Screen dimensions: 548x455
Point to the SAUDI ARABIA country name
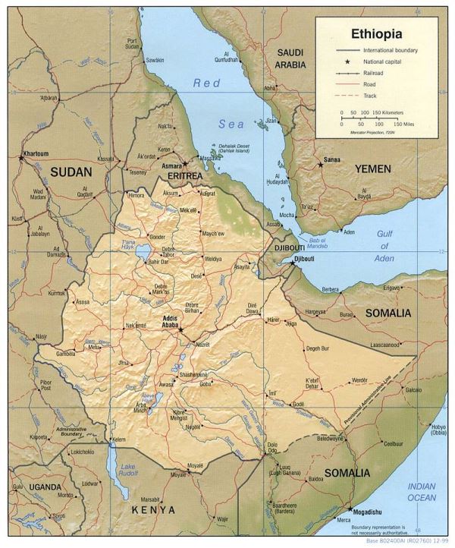pyautogui.click(x=290, y=58)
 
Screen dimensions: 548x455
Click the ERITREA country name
pyautogui.click(x=181, y=175)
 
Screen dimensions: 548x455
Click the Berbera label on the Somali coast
pyautogui.click(x=331, y=289)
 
